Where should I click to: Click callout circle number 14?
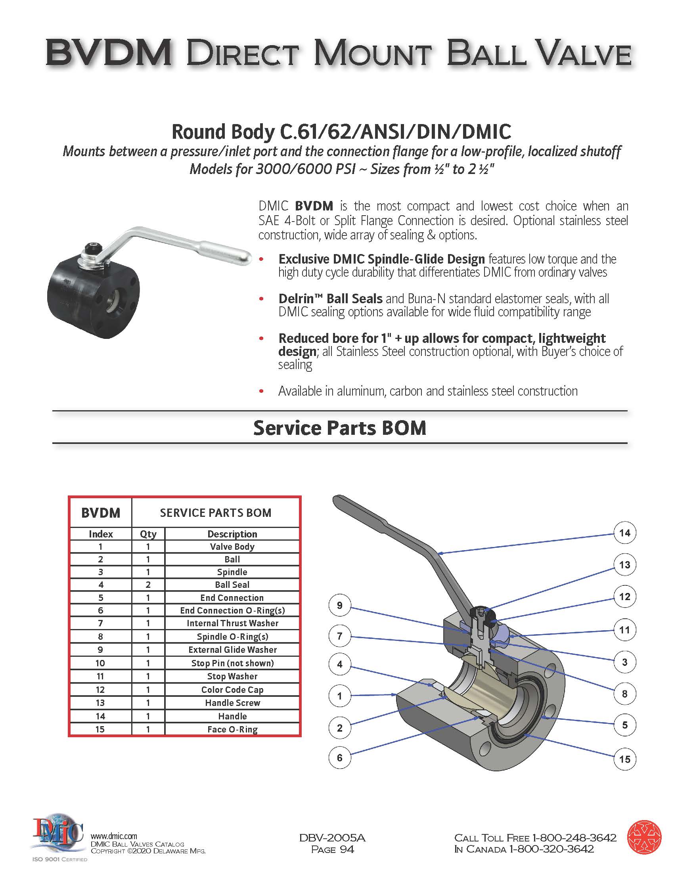tap(624, 533)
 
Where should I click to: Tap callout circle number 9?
tap(339, 605)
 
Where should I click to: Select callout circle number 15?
tap(624, 759)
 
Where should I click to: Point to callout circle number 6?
tap(339, 757)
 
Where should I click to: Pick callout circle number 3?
tap(624, 662)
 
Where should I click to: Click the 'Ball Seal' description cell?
tap(232, 585)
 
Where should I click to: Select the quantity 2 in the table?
tap(148, 585)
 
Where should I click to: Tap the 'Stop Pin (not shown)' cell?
tap(232, 663)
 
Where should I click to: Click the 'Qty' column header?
tap(148, 534)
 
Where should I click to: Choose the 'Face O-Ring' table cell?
tap(232, 729)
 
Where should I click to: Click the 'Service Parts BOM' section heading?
tap(339, 428)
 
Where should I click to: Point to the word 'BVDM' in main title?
tap(109, 53)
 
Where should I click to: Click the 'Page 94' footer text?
tap(332, 849)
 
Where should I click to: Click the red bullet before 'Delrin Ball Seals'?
tap(262, 299)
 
